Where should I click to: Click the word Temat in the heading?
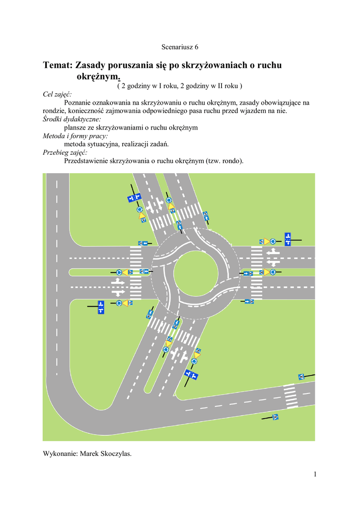[58, 65]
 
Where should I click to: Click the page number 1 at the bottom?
[315, 474]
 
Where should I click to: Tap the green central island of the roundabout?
[195, 273]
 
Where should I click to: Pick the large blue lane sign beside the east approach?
[287, 239]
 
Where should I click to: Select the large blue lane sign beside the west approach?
[101, 307]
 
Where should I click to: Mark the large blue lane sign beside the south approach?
[192, 375]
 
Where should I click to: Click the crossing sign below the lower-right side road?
[275, 417]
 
